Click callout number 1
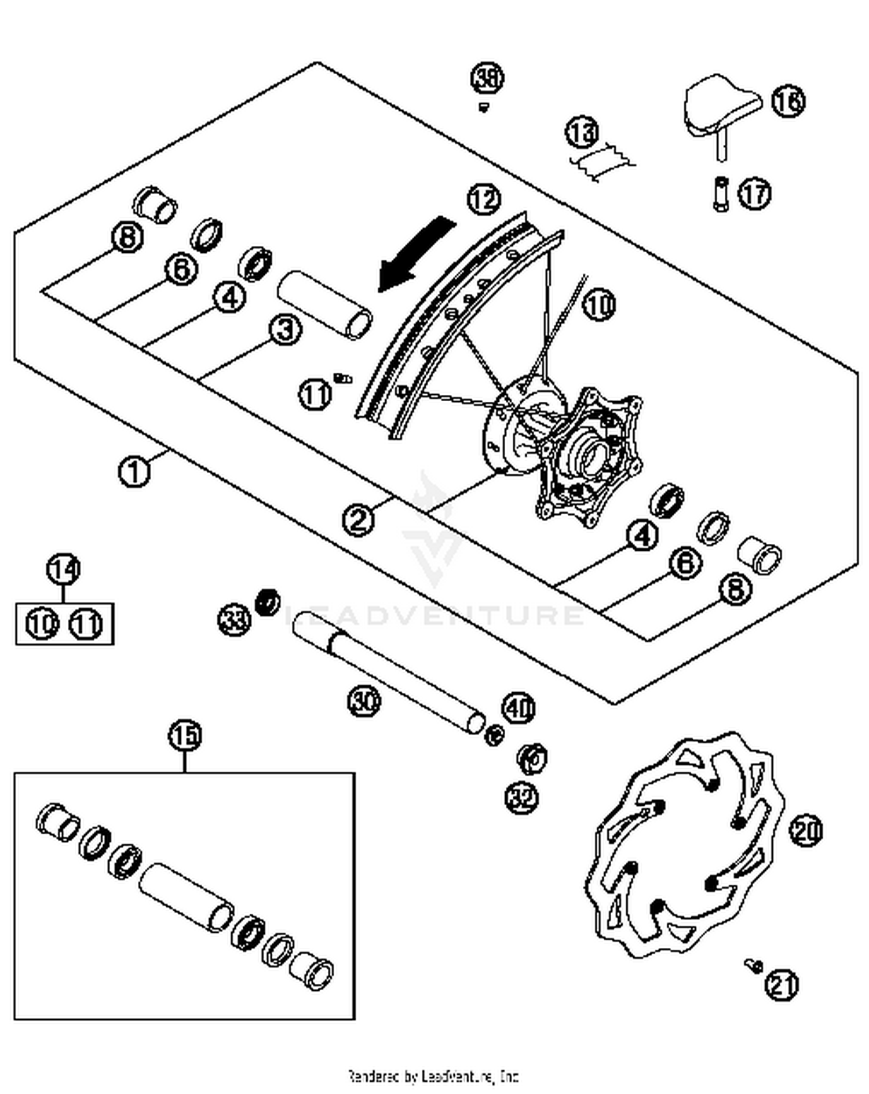click(x=134, y=472)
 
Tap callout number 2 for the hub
click(x=359, y=519)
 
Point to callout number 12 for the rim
click(x=484, y=199)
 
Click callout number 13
click(x=582, y=132)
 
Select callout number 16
click(x=788, y=101)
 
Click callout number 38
click(x=487, y=78)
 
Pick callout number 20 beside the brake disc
click(x=806, y=830)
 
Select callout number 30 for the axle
click(x=364, y=701)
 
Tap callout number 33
click(x=234, y=620)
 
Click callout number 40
click(x=519, y=708)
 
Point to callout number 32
click(x=522, y=798)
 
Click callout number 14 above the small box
click(x=63, y=569)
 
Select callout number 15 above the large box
click(x=185, y=736)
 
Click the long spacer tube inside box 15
click(x=185, y=897)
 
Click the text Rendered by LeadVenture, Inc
click(x=433, y=1077)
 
